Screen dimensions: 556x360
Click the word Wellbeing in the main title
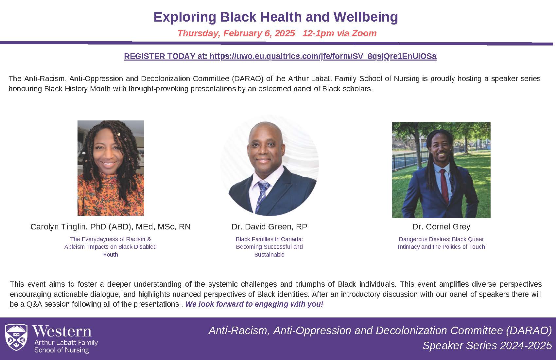366,17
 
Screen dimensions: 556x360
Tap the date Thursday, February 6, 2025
236,33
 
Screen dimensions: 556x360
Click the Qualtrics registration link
280,56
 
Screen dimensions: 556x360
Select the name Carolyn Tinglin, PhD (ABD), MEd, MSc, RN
111,226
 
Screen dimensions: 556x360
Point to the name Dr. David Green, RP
269,226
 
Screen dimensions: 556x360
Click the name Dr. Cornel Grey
441,226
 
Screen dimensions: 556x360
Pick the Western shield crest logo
16,337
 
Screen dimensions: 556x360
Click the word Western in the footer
62,331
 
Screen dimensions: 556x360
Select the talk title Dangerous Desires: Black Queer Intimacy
441,243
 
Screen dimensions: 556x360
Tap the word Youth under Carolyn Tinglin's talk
111,255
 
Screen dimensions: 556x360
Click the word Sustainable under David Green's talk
269,255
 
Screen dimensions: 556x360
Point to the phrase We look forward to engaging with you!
254,304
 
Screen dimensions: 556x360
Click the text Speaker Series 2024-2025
487,346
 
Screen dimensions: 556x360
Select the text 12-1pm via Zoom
339,33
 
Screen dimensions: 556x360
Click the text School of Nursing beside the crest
61,350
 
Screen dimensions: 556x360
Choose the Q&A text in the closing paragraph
32,304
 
